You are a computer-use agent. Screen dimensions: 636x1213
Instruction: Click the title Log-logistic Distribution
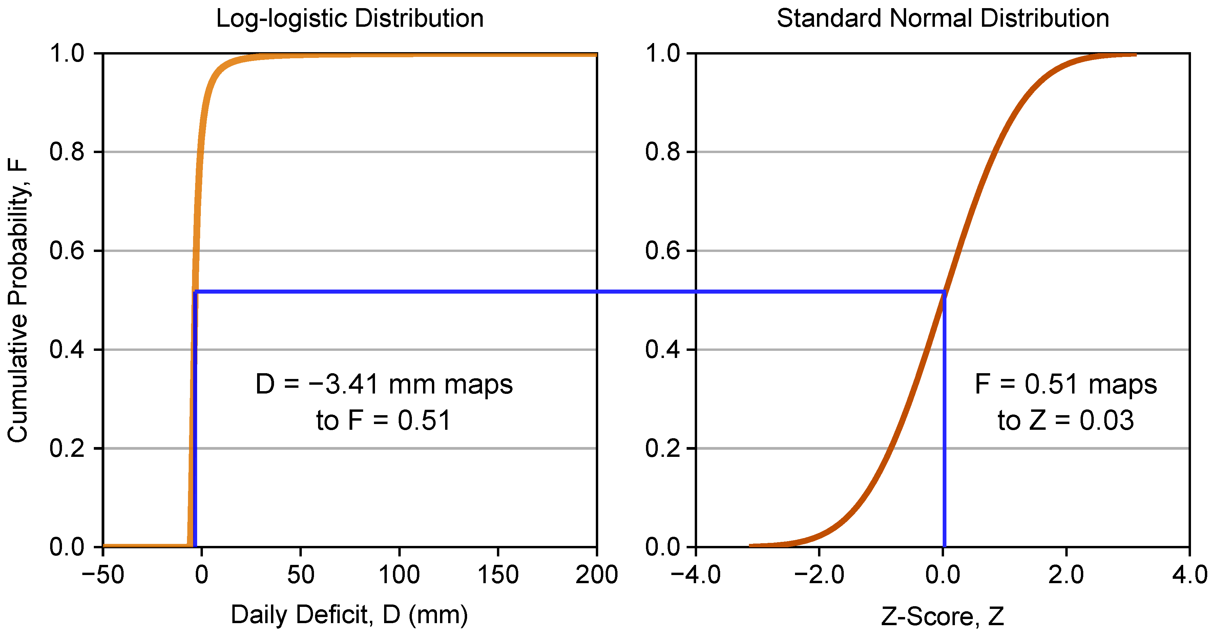click(350, 19)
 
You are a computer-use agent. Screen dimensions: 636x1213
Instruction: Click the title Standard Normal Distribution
click(943, 19)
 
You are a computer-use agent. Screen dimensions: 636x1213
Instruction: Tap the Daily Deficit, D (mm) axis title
click(349, 614)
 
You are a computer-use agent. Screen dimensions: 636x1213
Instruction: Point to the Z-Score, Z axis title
click(943, 616)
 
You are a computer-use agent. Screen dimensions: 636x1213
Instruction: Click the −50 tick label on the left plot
click(103, 575)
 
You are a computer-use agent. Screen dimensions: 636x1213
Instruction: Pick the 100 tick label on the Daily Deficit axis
click(399, 575)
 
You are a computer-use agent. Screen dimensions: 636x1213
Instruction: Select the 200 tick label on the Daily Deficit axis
click(597, 575)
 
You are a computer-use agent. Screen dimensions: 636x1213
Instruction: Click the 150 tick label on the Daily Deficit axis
click(498, 575)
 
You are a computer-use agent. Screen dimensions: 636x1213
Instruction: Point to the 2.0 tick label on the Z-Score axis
click(1066, 575)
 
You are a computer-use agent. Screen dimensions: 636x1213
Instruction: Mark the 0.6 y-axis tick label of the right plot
click(663, 251)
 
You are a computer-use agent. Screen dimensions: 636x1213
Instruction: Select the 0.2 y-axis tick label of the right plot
click(663, 448)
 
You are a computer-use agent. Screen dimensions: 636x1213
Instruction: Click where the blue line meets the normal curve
click(944, 292)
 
